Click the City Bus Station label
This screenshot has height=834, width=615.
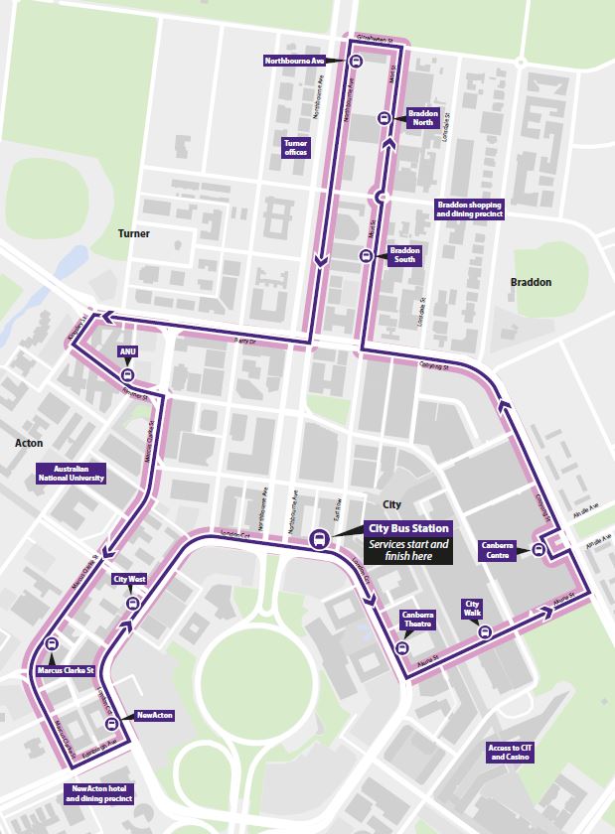point(409,528)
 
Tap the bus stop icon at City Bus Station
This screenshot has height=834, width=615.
point(318,539)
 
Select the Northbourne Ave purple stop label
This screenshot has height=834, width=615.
point(295,61)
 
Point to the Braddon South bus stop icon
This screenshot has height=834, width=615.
point(366,255)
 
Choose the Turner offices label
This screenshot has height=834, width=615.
point(296,148)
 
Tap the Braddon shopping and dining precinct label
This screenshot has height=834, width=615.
point(470,208)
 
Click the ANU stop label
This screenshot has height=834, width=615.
point(127,351)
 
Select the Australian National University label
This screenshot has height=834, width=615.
point(70,473)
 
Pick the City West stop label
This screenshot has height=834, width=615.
point(130,579)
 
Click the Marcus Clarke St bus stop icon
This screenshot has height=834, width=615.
point(50,642)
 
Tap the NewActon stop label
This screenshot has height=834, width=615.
point(155,715)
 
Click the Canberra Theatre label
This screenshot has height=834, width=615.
point(418,620)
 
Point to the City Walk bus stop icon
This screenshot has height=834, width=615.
point(485,630)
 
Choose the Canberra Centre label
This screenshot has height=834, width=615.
point(498,549)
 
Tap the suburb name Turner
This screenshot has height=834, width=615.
point(134,233)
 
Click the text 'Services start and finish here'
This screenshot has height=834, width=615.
point(409,551)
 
